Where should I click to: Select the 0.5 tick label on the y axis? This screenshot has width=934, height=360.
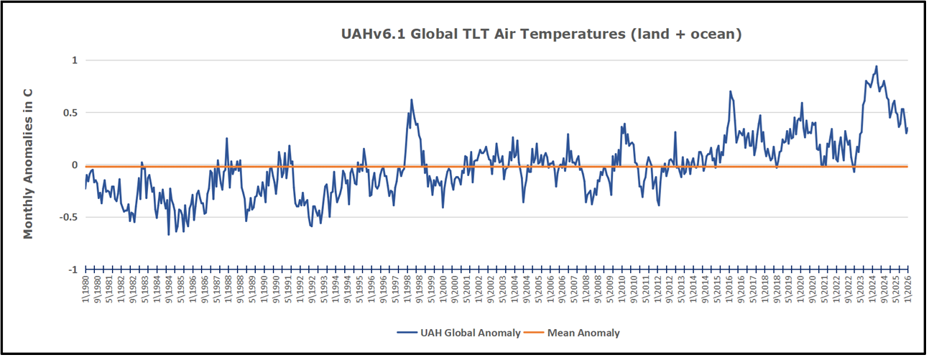click(69, 113)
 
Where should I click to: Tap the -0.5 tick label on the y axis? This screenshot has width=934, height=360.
click(68, 217)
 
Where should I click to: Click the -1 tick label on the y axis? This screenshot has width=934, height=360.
click(72, 269)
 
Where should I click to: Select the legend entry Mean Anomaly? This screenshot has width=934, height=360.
click(583, 333)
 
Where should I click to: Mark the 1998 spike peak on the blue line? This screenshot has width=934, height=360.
click(412, 100)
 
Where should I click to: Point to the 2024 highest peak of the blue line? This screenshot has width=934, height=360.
click(877, 66)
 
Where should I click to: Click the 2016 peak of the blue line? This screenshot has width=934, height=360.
click(730, 91)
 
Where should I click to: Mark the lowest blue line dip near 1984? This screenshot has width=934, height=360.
click(169, 234)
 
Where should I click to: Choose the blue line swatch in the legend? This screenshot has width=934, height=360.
click(408, 333)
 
